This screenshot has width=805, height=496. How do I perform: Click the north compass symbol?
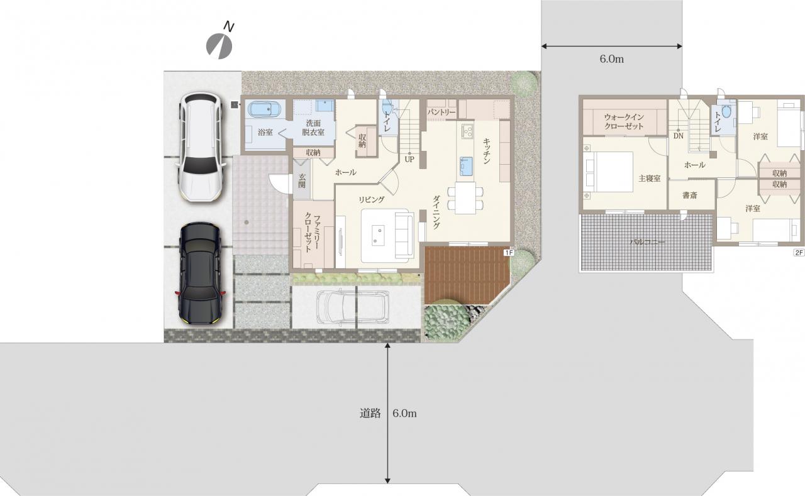coord(219,46)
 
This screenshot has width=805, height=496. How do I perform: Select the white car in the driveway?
coord(201,146)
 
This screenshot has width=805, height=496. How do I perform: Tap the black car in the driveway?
coord(200,273)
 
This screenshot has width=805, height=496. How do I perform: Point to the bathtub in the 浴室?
coord(265,109)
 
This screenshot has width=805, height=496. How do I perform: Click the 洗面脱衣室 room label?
coord(313,128)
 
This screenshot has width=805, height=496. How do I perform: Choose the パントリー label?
coord(441,113)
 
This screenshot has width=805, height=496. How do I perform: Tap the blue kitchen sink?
coord(467,166)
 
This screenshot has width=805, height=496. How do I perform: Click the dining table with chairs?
coord(465,198)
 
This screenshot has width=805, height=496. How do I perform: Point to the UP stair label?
coord(409,159)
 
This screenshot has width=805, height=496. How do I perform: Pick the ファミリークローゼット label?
coord(313,233)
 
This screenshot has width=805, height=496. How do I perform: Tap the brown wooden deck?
coord(466,275)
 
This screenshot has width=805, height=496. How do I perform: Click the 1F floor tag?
coord(509,253)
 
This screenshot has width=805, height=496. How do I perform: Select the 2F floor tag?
coord(799,253)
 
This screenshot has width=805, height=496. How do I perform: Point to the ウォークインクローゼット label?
coord(624,121)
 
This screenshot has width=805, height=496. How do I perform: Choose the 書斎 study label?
coord(690,196)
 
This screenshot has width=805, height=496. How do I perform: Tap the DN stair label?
coord(678,136)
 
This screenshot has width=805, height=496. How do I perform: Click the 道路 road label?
coord(370,413)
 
